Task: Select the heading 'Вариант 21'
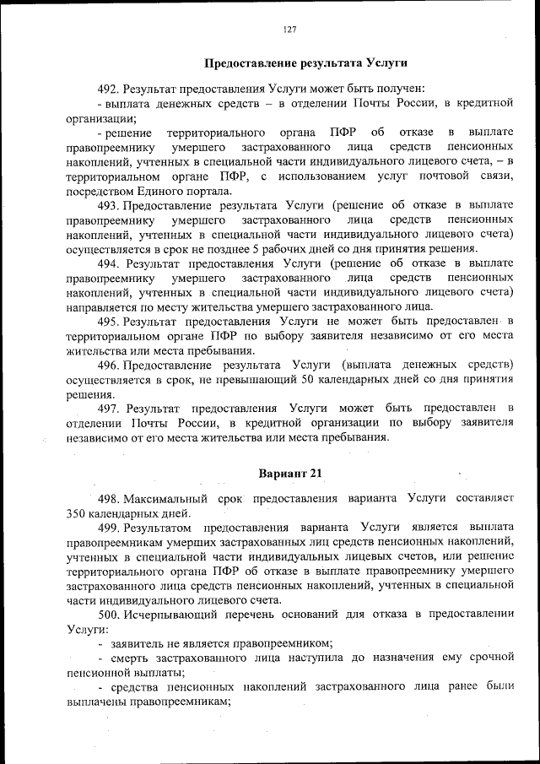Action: click(289, 472)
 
